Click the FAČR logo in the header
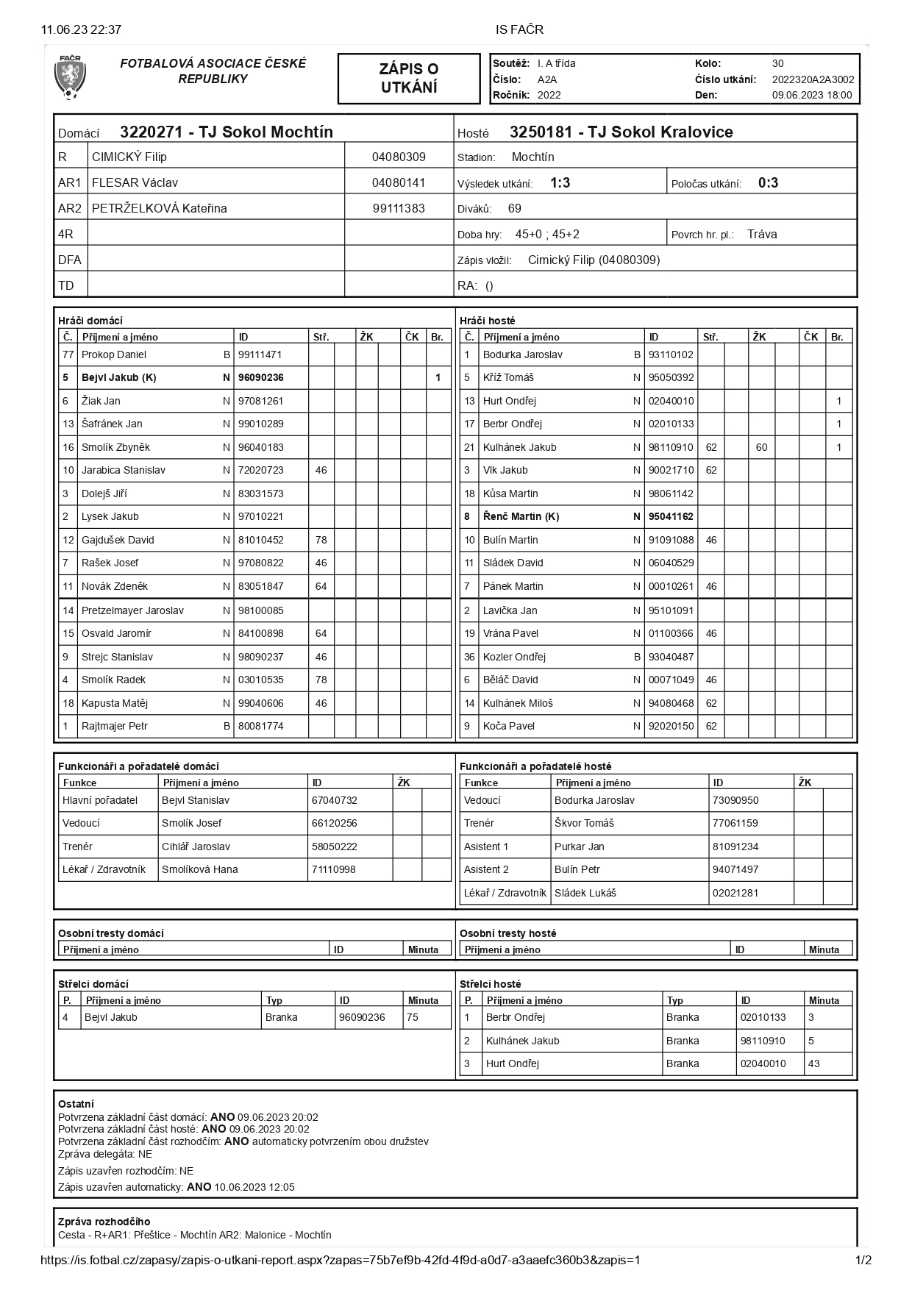[70, 77]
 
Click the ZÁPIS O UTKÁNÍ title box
[409, 78]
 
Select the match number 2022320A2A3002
[813, 79]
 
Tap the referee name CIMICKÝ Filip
[129, 157]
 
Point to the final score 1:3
[560, 183]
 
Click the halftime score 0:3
[768, 183]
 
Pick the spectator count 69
[515, 209]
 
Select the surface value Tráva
[762, 235]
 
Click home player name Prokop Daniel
[114, 354]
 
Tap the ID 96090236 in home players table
[261, 378]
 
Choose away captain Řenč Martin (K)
[521, 516]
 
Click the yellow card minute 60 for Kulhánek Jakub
[761, 447]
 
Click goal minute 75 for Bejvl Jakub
[413, 1017]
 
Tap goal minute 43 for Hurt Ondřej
[814, 1063]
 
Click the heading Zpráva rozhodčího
[104, 1222]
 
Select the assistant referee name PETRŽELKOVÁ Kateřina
[159, 209]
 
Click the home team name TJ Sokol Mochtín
[266, 132]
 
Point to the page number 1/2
[863, 1260]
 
